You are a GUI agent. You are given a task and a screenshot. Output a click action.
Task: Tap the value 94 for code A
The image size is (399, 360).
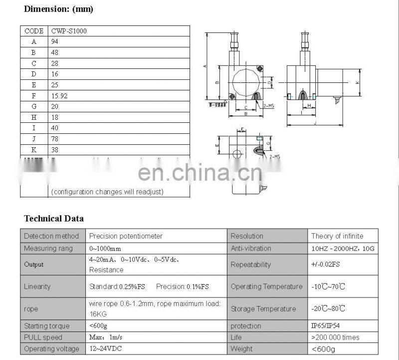[x=55, y=42]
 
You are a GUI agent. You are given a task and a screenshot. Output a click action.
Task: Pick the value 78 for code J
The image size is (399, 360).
[x=55, y=138]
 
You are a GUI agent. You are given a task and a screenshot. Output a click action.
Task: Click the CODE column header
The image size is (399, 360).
[x=34, y=31]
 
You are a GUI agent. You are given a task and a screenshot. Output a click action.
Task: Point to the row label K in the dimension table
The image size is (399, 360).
[x=34, y=149]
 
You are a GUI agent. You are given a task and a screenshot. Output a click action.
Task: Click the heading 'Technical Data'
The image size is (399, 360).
[x=54, y=218]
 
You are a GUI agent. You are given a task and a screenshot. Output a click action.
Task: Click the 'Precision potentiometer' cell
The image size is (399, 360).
[x=126, y=236]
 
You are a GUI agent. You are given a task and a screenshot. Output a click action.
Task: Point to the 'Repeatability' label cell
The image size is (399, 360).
[x=250, y=265]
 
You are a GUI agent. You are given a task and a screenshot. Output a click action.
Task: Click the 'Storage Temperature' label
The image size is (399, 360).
[x=263, y=309]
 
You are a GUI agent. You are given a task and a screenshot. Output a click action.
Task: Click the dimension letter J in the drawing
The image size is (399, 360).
[x=316, y=123]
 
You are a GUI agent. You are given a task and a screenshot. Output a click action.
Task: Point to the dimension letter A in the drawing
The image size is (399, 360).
[x=205, y=66]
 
